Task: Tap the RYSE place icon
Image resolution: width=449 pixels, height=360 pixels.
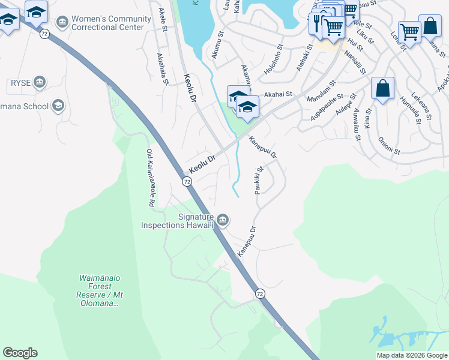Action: click(40, 82)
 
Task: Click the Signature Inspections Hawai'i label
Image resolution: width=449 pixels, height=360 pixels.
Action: click(177, 221)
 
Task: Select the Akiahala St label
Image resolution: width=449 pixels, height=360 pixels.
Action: click(161, 68)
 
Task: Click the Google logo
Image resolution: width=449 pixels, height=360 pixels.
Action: click(20, 353)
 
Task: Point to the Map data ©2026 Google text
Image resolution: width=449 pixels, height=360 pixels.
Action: click(412, 355)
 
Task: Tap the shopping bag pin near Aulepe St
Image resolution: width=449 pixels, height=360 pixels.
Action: click(382, 89)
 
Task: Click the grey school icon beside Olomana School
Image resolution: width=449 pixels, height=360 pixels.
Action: click(58, 107)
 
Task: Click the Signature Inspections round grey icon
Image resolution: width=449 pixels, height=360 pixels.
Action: click(222, 221)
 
